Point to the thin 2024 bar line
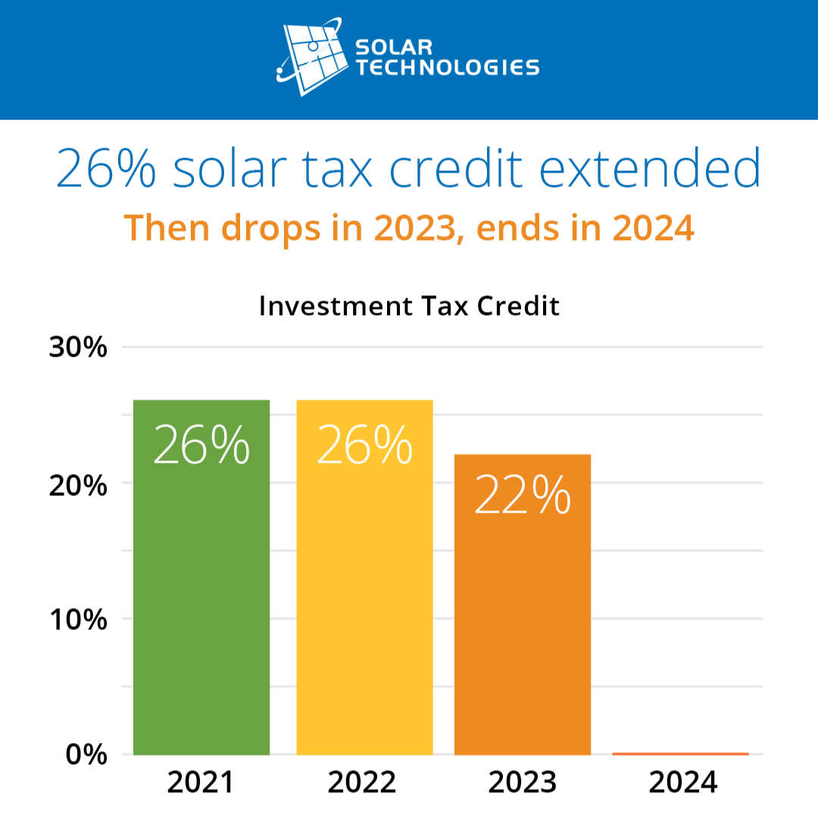point(680,754)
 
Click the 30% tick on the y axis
point(78,348)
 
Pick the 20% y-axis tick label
point(78,484)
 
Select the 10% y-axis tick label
point(78,620)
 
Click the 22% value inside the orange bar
point(522,497)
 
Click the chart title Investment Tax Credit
point(409,307)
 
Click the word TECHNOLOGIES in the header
point(448,67)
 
